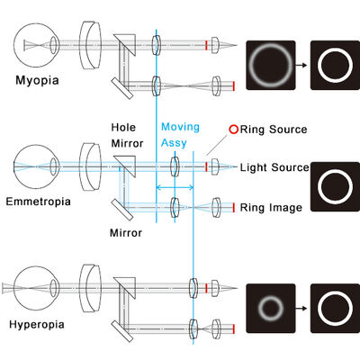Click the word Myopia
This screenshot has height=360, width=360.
[x=37, y=81]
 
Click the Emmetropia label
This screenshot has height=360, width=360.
[x=39, y=202]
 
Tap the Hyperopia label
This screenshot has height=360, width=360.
[x=37, y=325]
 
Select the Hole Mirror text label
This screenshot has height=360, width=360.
[x=127, y=135]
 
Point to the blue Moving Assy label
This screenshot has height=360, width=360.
[x=180, y=135]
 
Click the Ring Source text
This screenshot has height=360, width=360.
[x=274, y=130]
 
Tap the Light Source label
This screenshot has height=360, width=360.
[x=274, y=167]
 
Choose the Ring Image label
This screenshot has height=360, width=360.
[x=271, y=208]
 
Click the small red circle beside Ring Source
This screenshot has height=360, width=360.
[x=234, y=130]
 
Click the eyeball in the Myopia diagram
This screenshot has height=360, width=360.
[x=36, y=45]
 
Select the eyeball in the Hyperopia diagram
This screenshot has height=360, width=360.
[x=36, y=288]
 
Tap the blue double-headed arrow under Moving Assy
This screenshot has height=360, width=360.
[x=175, y=188]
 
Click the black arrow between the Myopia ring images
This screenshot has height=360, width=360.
[x=301, y=65]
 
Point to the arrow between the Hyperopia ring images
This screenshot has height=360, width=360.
[x=301, y=308]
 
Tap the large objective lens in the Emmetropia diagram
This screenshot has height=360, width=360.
[x=90, y=166]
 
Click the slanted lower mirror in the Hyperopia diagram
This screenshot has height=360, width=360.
[x=122, y=331]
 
